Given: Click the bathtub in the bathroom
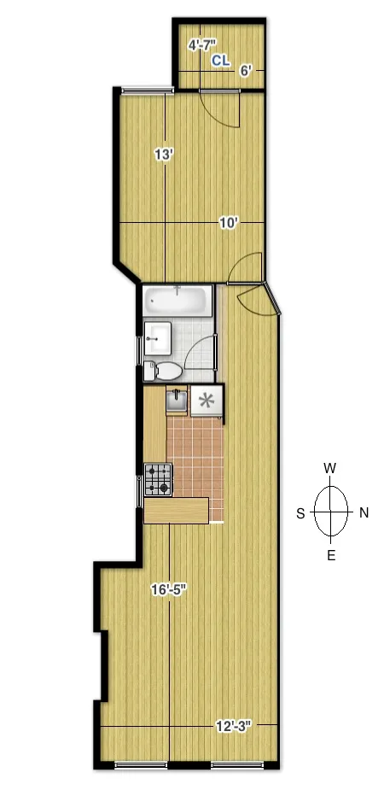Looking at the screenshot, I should coord(177,301).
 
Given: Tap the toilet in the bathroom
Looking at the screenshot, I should coord(164,370).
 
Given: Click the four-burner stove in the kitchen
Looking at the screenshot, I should coord(158,480).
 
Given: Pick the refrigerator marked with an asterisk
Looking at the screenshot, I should coord(206,401).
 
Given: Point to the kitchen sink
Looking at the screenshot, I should coord(177,400).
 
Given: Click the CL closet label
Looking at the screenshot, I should coord(220,61).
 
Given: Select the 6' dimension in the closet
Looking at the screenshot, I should coord(246,72).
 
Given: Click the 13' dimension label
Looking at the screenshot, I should coord(164,155).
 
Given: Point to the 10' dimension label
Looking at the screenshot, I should coord(228,222).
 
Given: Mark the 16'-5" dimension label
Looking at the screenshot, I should coord(169,588).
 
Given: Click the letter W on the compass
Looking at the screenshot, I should coord(330,468).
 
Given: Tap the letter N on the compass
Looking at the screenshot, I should coord(364,512).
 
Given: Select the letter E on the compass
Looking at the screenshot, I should coord(330,556).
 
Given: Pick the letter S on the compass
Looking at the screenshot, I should coord(300,512).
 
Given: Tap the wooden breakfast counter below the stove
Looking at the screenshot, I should coord(177,510).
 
